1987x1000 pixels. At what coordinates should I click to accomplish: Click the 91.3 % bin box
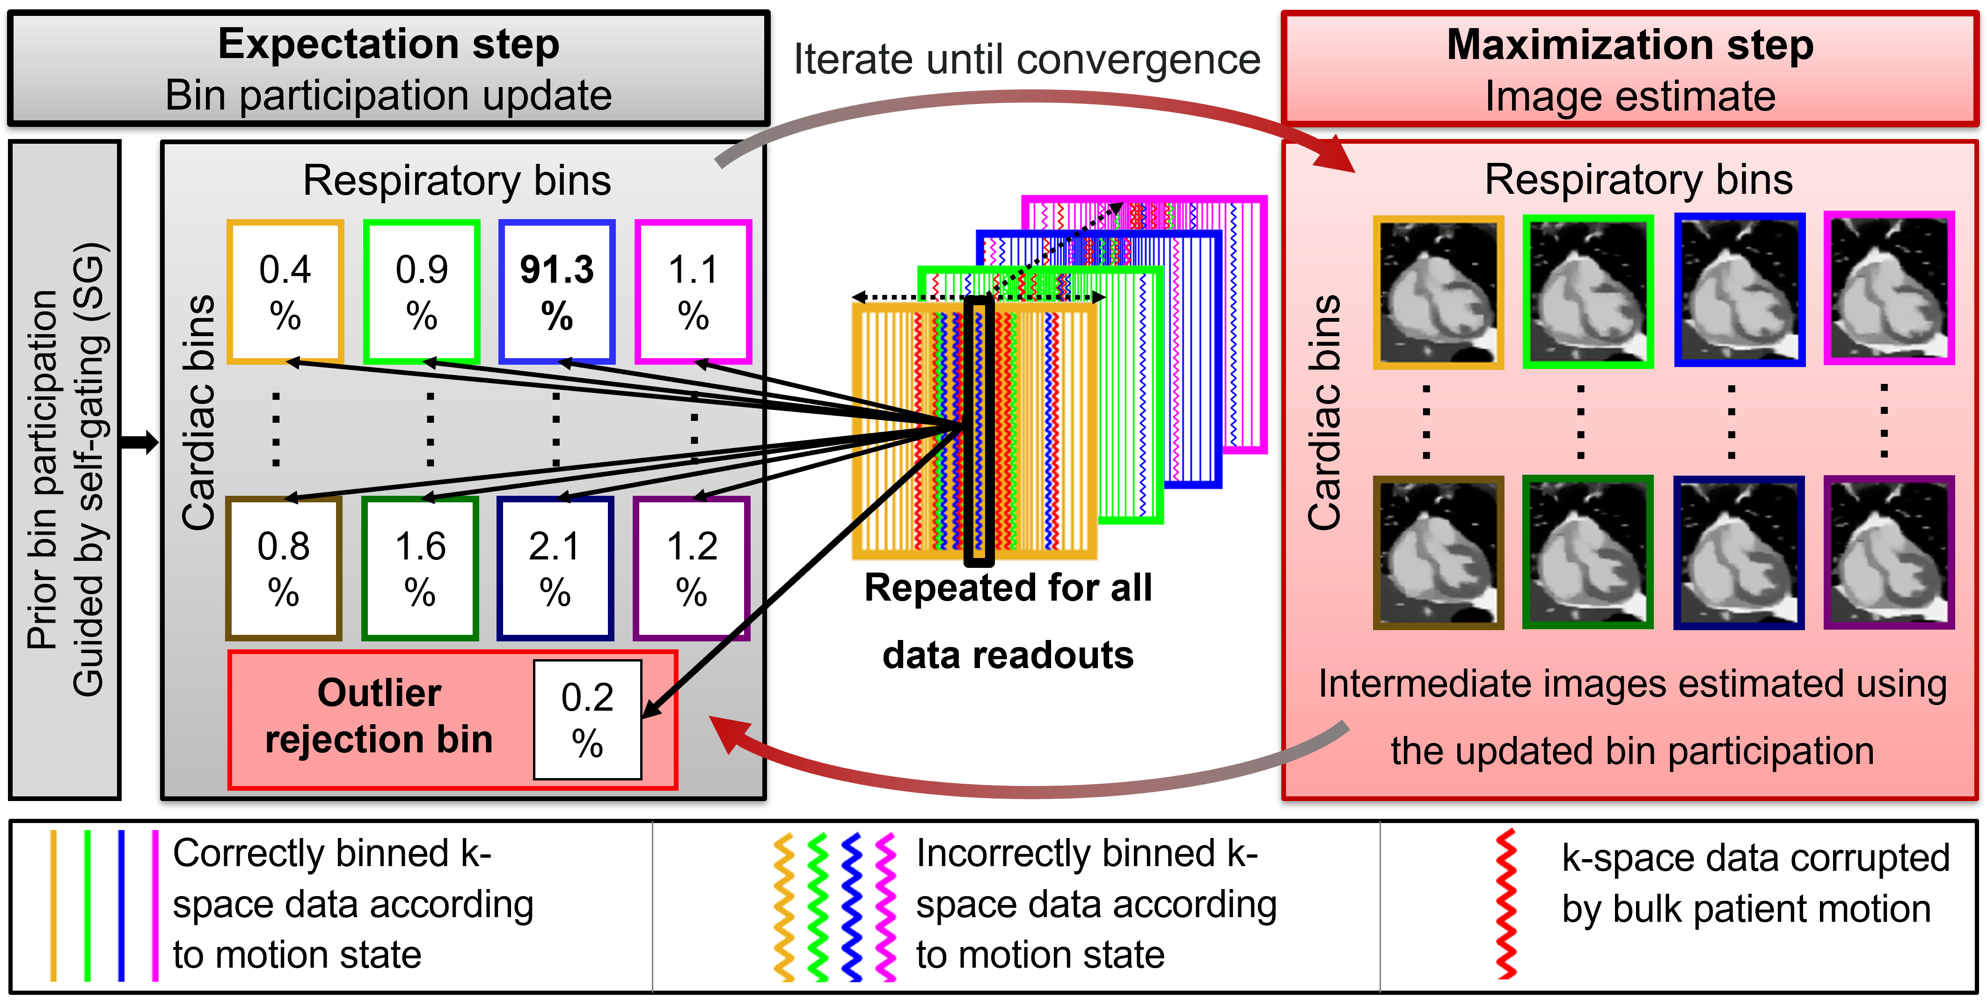click(556, 292)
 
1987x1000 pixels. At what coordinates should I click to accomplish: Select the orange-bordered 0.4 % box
click(285, 292)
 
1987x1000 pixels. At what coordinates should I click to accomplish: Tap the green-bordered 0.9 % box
click(421, 292)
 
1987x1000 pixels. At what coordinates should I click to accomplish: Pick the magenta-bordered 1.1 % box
click(693, 292)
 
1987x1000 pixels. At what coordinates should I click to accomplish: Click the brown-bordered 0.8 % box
click(283, 569)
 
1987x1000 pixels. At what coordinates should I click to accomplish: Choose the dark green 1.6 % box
click(420, 569)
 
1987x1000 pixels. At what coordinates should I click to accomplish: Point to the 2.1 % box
click(555, 569)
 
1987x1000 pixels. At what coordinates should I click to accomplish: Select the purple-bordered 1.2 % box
click(691, 569)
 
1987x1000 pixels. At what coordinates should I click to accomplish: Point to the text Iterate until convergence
click(1027, 59)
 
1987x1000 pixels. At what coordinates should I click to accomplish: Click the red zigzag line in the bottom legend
click(1505, 904)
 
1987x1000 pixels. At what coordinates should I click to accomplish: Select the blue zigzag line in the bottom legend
click(852, 907)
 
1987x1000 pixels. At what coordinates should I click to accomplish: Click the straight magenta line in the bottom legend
click(155, 905)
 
